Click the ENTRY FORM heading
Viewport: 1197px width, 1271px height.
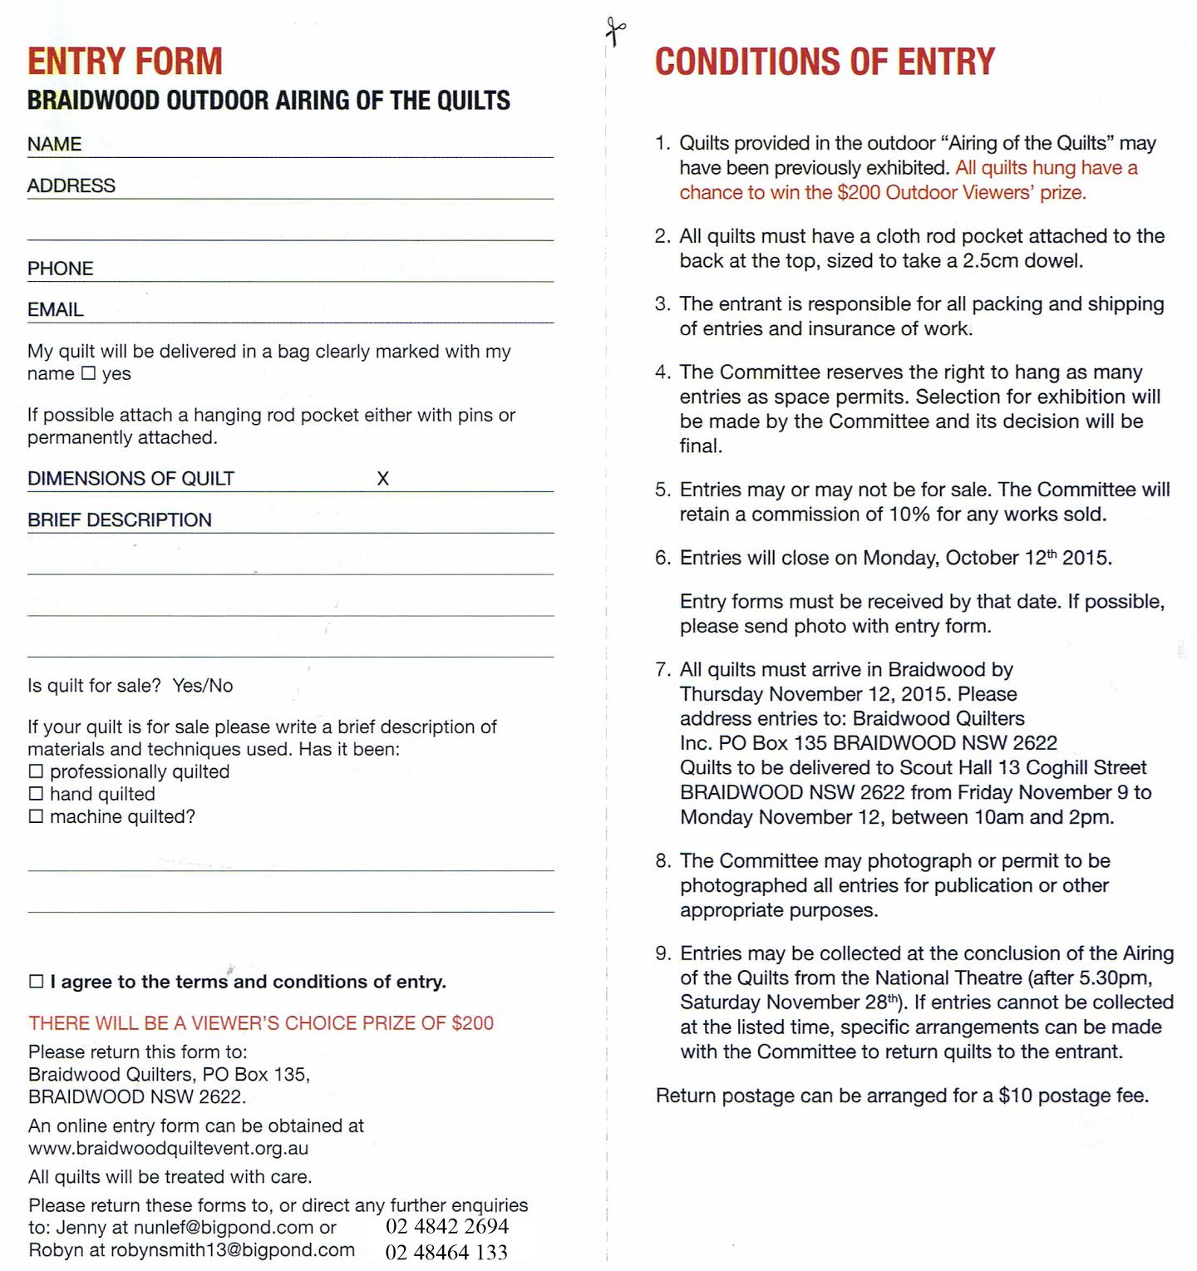125,62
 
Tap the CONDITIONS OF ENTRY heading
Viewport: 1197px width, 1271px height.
825,62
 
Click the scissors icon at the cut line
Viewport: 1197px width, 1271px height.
615,32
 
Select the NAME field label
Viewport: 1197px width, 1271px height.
54,145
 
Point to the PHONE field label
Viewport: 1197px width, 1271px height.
60,268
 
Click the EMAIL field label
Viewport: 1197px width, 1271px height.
55,310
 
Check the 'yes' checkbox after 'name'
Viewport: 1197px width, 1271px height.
88,374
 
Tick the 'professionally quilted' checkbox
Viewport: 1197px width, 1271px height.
36,771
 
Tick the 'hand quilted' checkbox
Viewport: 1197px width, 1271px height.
36,794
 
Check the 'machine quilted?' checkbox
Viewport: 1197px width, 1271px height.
36,816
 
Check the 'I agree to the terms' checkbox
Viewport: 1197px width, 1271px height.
37,982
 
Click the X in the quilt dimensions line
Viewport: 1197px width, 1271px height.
382,479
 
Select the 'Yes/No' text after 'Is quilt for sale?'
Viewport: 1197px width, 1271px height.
203,686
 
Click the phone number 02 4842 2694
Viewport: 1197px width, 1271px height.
447,1226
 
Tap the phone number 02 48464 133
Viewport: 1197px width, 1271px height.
446,1252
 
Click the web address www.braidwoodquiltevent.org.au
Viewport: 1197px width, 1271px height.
168,1149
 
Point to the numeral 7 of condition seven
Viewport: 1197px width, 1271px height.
662,670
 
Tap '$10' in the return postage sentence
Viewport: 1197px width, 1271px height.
1015,1096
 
